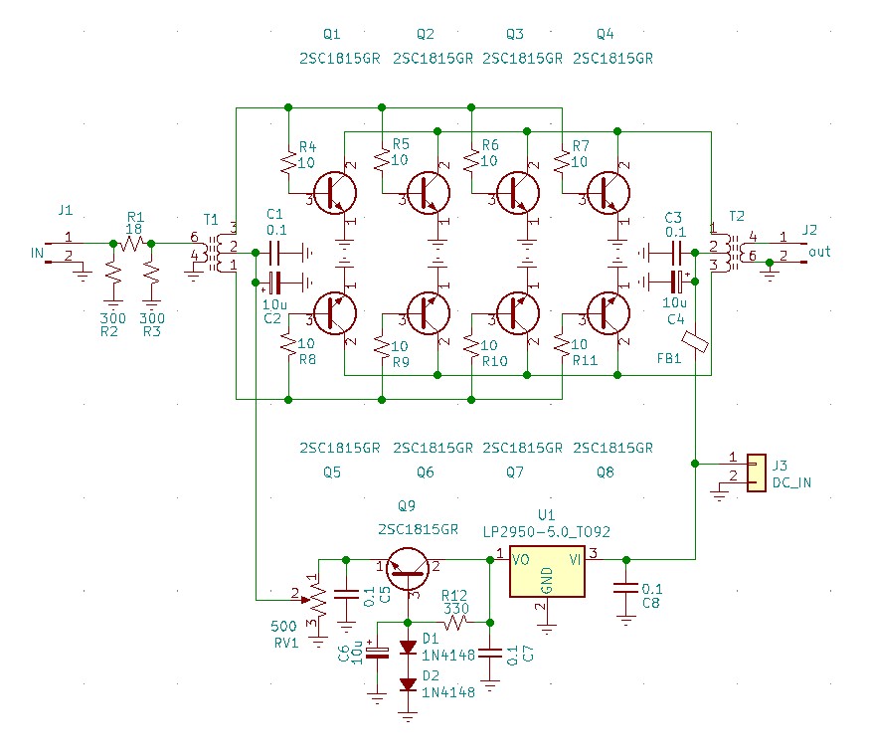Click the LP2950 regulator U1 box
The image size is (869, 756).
point(547,571)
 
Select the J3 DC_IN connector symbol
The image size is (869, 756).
point(756,473)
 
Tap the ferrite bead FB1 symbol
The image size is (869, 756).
point(695,341)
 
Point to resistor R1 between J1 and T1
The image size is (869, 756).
point(132,243)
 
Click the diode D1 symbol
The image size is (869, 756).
point(408,647)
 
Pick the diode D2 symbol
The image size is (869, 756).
point(408,684)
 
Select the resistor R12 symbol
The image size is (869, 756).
point(456,623)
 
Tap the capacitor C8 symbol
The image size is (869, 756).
point(626,589)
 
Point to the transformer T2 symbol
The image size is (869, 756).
point(731,253)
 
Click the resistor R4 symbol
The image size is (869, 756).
point(288,162)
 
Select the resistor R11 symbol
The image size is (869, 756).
point(562,345)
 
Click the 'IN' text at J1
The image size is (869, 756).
point(37,254)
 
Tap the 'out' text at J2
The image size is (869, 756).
point(819,252)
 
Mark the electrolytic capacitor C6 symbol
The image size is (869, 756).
point(378,653)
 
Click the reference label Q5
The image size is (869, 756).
point(332,472)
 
